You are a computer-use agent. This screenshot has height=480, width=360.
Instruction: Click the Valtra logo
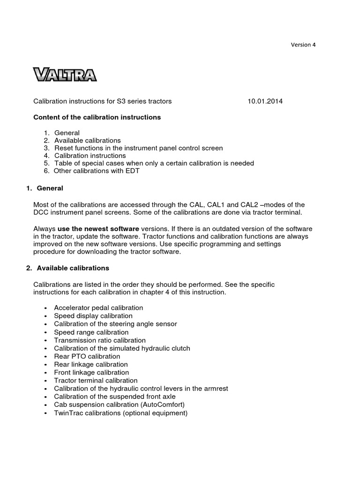65,75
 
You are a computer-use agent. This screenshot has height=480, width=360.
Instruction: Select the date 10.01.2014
265,101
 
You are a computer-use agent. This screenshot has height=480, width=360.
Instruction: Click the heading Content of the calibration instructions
97,117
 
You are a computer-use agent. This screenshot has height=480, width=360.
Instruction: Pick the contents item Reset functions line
138,148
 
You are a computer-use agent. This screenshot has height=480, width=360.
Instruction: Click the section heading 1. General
45,188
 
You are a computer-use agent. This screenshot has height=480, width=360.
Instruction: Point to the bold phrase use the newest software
98,228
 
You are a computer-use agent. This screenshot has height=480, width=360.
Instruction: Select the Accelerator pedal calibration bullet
98,308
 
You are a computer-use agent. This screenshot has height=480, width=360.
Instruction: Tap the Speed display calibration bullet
93,316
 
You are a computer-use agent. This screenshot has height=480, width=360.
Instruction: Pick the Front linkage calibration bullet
91,373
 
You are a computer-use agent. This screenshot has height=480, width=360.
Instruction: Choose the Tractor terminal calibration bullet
96,381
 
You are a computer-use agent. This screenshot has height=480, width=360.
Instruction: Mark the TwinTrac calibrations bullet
120,413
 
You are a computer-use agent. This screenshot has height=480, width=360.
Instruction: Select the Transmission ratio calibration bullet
99,340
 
